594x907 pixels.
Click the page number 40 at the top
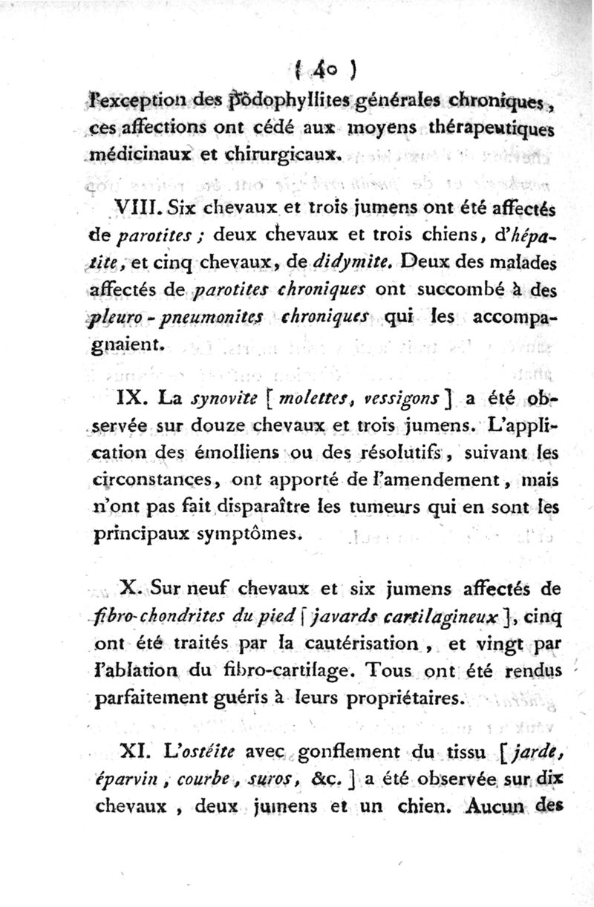pos(323,73)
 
